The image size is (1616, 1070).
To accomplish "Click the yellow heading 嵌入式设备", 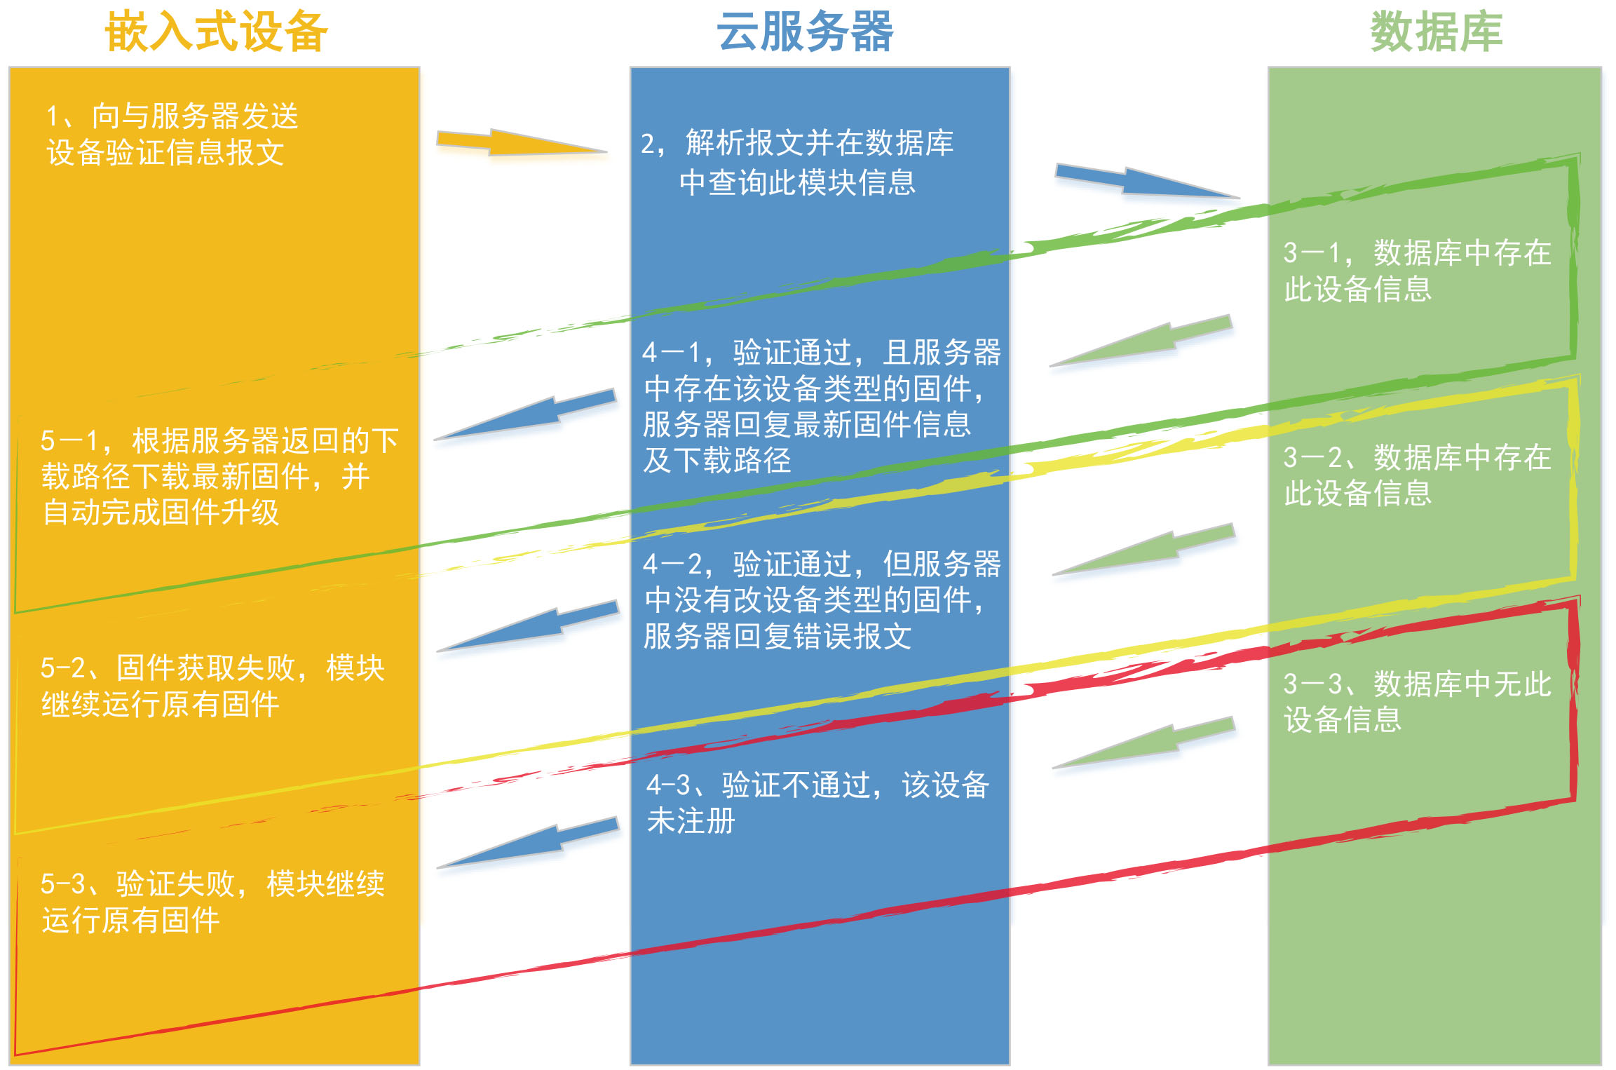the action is [x=216, y=32].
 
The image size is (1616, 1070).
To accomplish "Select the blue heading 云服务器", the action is [x=805, y=32].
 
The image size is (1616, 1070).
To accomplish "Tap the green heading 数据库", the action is [x=1437, y=32].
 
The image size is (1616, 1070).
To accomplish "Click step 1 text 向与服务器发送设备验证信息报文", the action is [x=172, y=134].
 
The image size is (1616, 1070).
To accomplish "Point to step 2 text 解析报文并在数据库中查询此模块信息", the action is [x=797, y=163].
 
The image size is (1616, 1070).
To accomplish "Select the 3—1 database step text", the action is [x=1417, y=271].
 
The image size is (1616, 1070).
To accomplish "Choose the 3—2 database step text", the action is [x=1417, y=475].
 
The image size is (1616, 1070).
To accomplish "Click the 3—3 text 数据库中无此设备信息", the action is [x=1417, y=701].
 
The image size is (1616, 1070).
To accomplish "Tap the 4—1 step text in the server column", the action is [x=822, y=406].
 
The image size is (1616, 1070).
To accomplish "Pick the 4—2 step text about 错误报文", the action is [x=822, y=600].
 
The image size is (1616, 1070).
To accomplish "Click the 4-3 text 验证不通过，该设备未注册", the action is [x=817, y=803].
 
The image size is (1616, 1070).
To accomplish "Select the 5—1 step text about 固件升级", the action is [x=219, y=476].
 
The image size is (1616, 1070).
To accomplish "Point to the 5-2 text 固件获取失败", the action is [x=212, y=686].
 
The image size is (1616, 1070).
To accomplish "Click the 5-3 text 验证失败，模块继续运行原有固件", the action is [x=212, y=902].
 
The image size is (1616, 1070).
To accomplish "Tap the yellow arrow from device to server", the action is [x=522, y=142].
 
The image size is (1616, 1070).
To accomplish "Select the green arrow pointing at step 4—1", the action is [x=1141, y=341].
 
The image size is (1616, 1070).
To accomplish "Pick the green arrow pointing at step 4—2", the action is [x=1143, y=549].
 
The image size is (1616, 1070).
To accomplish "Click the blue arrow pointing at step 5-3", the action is [x=528, y=843].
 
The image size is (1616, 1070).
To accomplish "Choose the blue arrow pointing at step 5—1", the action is [x=525, y=414].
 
